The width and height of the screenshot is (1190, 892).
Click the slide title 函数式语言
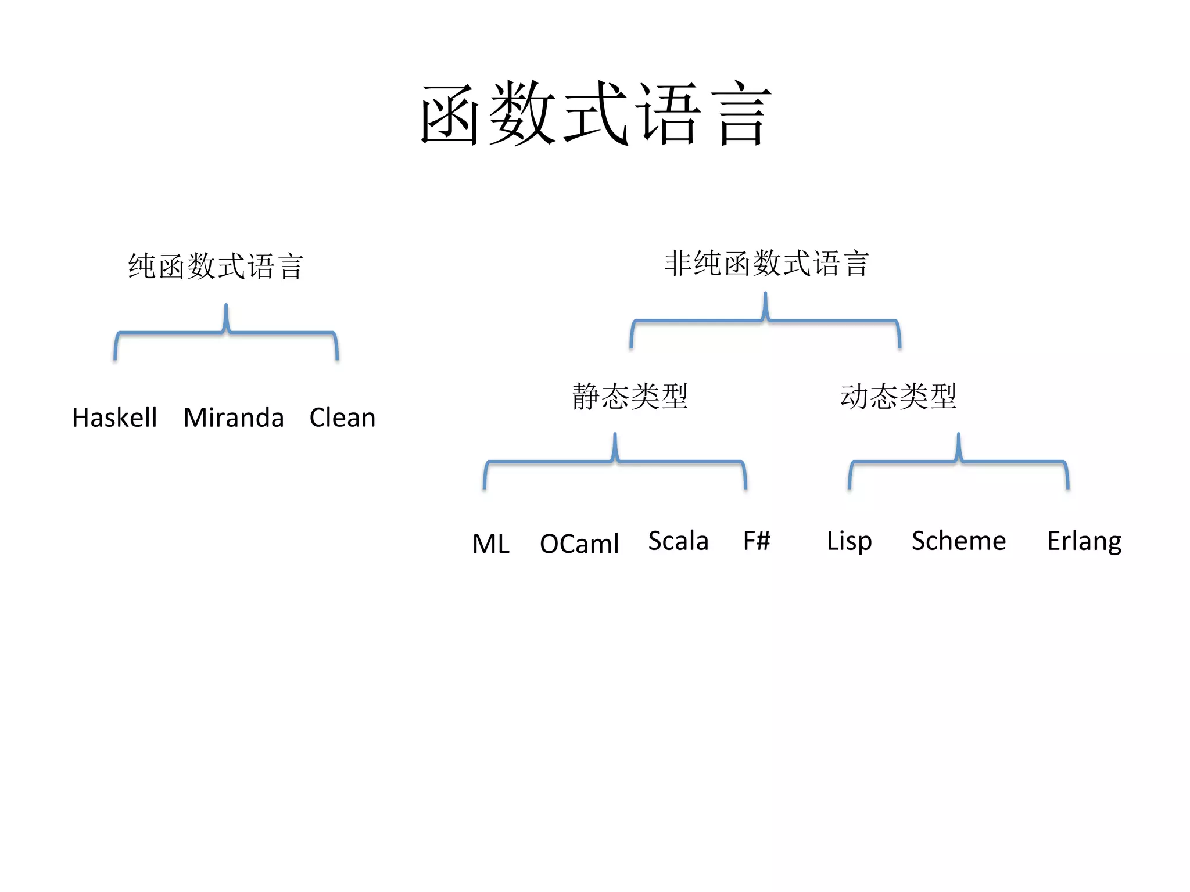pyautogui.click(x=595, y=113)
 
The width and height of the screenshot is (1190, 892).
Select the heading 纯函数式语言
pyautogui.click(x=216, y=266)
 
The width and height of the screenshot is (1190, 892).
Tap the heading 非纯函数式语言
pyautogui.click(x=766, y=263)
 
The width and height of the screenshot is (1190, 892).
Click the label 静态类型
pyautogui.click(x=630, y=396)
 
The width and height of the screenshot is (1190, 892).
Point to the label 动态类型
pyautogui.click(x=898, y=396)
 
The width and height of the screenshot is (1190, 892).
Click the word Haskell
pyautogui.click(x=114, y=418)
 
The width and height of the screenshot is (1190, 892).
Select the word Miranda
pyautogui.click(x=234, y=418)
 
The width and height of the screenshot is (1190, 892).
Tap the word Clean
pyautogui.click(x=342, y=418)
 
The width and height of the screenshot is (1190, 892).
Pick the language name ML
pyautogui.click(x=491, y=544)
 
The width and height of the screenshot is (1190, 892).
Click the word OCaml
pyautogui.click(x=579, y=544)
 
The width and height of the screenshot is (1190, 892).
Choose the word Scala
pyautogui.click(x=678, y=541)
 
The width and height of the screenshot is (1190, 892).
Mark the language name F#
pyautogui.click(x=757, y=541)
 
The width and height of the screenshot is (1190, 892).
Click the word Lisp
pyautogui.click(x=849, y=541)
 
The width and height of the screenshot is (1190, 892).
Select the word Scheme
pyautogui.click(x=959, y=541)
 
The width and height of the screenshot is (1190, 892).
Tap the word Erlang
pyautogui.click(x=1084, y=541)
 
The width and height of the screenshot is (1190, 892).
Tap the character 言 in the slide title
pyautogui.click(x=744, y=113)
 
